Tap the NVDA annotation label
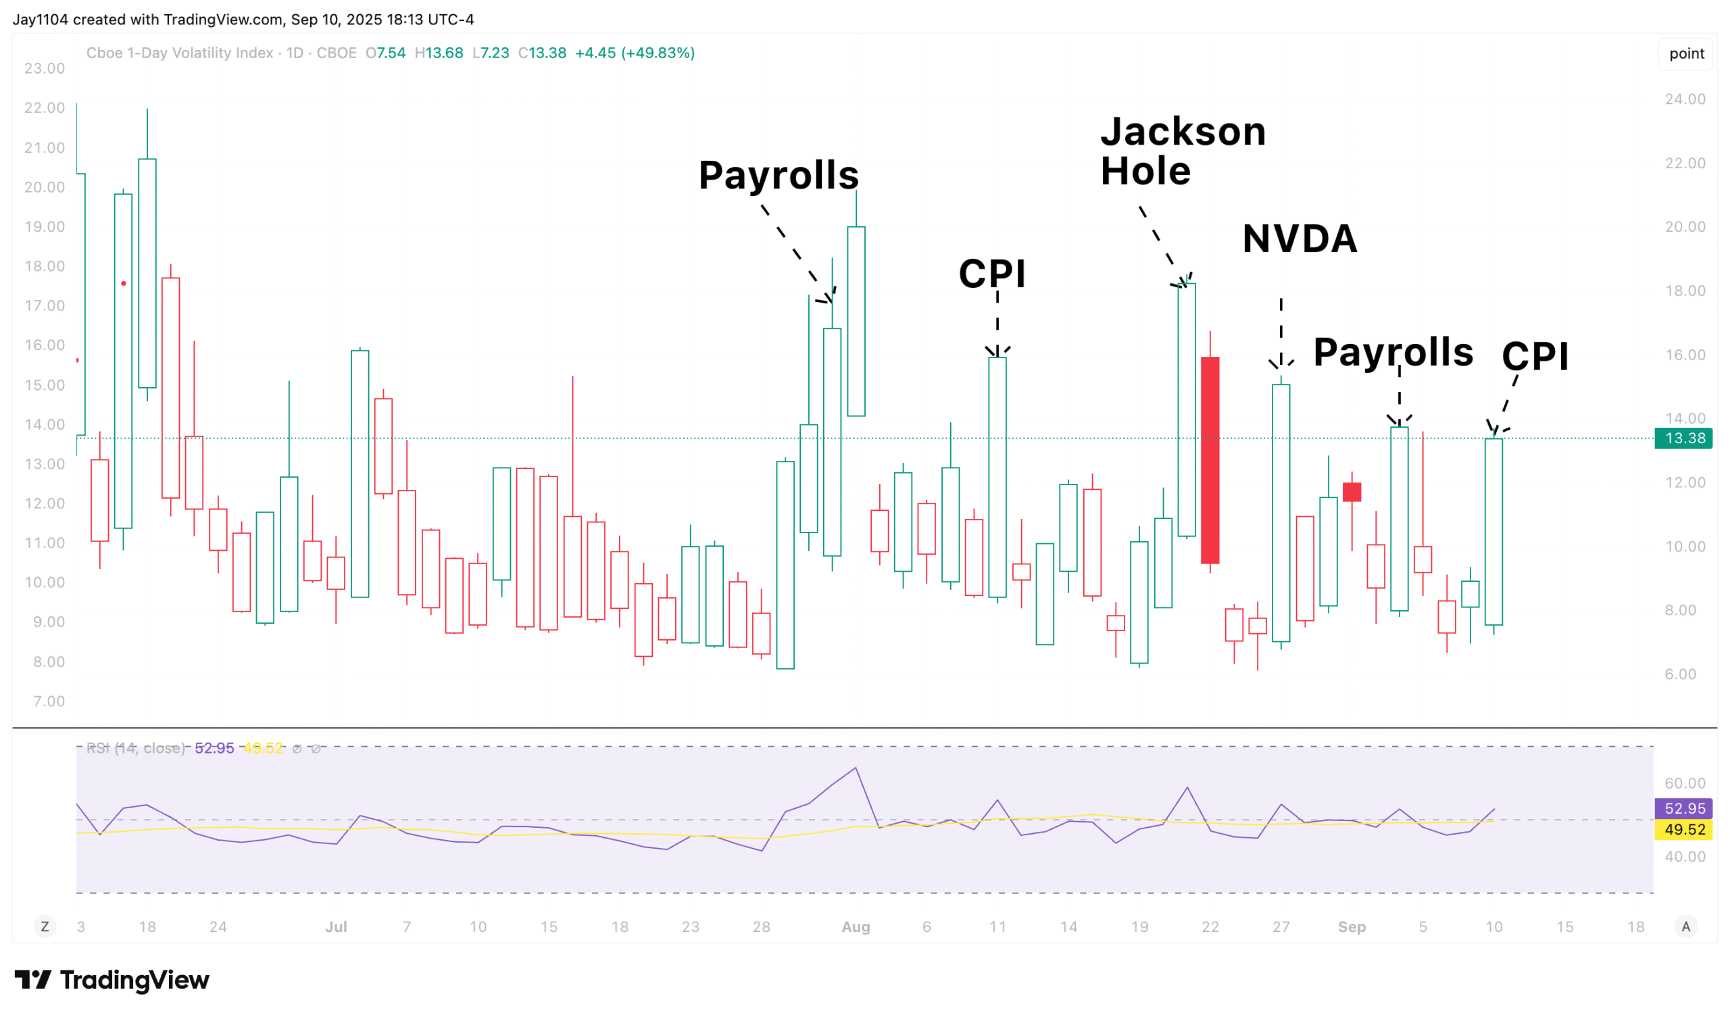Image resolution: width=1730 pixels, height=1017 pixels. click(x=1300, y=239)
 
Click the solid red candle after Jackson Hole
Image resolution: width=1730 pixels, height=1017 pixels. click(x=1210, y=460)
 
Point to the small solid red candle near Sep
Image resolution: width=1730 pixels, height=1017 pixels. click(x=1352, y=492)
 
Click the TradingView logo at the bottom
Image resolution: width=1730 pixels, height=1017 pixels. click(x=112, y=980)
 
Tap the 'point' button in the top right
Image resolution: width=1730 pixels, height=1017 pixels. click(x=1686, y=53)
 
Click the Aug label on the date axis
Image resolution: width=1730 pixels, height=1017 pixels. click(x=856, y=927)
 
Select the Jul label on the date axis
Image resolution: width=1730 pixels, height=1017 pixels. click(x=336, y=927)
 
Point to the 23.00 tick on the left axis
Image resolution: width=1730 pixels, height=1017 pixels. click(x=45, y=69)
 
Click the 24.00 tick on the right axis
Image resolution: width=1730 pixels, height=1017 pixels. click(x=1685, y=99)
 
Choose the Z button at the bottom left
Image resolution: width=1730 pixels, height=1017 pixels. click(x=45, y=927)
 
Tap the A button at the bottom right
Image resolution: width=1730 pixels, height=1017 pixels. click(x=1685, y=927)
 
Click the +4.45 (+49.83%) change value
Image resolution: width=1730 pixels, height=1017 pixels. click(x=635, y=53)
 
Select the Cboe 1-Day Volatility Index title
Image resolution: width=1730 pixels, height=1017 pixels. click(x=180, y=53)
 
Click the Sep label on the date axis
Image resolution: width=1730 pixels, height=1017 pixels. click(x=1351, y=927)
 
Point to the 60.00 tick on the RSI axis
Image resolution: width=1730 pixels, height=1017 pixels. click(x=1685, y=783)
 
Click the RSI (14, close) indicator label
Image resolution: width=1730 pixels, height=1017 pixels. click(x=135, y=749)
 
